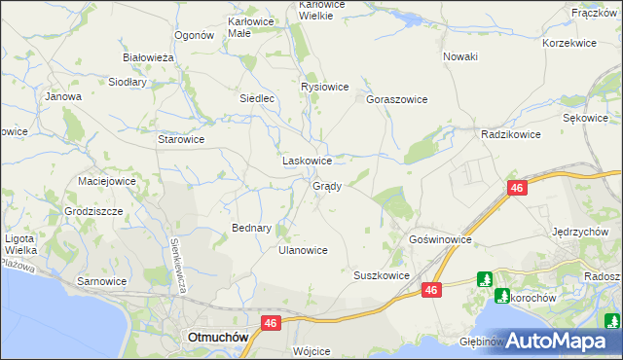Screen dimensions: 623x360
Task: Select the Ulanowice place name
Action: tap(303, 250)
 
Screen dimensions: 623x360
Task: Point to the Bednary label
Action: tap(251, 228)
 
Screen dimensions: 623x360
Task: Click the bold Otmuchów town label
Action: tap(216, 337)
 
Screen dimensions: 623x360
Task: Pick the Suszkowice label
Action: tap(381, 275)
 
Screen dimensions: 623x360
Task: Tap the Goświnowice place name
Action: tap(440, 238)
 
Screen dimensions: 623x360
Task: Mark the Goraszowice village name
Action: tap(397, 99)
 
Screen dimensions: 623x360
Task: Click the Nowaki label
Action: tap(460, 56)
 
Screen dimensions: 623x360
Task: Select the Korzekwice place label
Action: tap(568, 44)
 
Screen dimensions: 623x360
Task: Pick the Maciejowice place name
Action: tap(107, 181)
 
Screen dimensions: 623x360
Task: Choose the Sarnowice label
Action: tap(102, 281)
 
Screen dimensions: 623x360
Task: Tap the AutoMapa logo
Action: tap(556, 342)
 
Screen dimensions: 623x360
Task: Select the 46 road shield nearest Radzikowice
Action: tap(516, 188)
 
